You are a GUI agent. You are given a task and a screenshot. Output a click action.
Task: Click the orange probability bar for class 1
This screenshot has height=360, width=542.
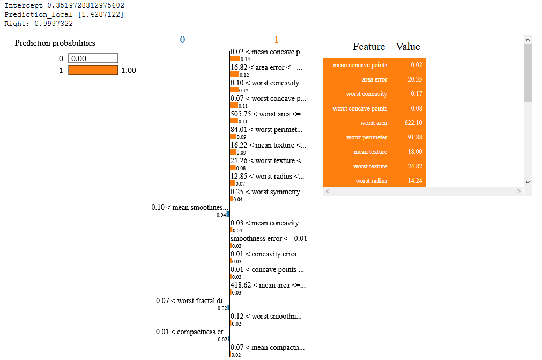pyautogui.click(x=93, y=70)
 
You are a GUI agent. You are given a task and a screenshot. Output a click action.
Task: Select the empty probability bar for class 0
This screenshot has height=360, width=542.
pyautogui.click(x=93, y=58)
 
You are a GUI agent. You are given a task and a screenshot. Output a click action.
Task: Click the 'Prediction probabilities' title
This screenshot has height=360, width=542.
pyautogui.click(x=55, y=43)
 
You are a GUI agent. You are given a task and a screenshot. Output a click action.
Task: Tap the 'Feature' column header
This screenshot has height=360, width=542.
pyautogui.click(x=369, y=47)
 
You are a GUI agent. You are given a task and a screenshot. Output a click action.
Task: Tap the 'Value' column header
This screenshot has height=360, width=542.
pyautogui.click(x=408, y=47)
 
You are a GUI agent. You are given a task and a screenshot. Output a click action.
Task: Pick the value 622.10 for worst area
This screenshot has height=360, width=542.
pyautogui.click(x=413, y=123)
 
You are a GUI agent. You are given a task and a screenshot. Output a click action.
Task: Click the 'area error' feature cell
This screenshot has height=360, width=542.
pyautogui.click(x=374, y=79)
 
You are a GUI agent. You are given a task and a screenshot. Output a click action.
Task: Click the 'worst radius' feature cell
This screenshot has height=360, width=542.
pyautogui.click(x=371, y=181)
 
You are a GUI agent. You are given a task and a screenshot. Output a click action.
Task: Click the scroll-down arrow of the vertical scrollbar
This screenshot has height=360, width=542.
pyautogui.click(x=528, y=182)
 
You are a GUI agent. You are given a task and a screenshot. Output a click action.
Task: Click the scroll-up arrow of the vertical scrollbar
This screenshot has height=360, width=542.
pyautogui.click(x=528, y=40)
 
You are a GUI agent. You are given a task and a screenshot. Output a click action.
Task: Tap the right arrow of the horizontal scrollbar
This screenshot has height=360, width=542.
pyautogui.click(x=518, y=191)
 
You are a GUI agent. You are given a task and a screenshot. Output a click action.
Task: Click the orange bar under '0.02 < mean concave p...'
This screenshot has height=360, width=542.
pyautogui.click(x=234, y=59)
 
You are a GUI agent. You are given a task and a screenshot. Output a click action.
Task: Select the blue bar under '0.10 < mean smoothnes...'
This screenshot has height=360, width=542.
pyautogui.click(x=228, y=214)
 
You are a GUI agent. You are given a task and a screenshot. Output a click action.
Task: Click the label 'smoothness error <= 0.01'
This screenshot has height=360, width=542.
pyautogui.click(x=269, y=238)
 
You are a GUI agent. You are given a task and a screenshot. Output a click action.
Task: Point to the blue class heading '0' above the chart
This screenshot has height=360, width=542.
pyautogui.click(x=182, y=40)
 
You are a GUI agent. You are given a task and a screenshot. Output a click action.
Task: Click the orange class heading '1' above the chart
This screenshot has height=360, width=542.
pyautogui.click(x=276, y=40)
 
